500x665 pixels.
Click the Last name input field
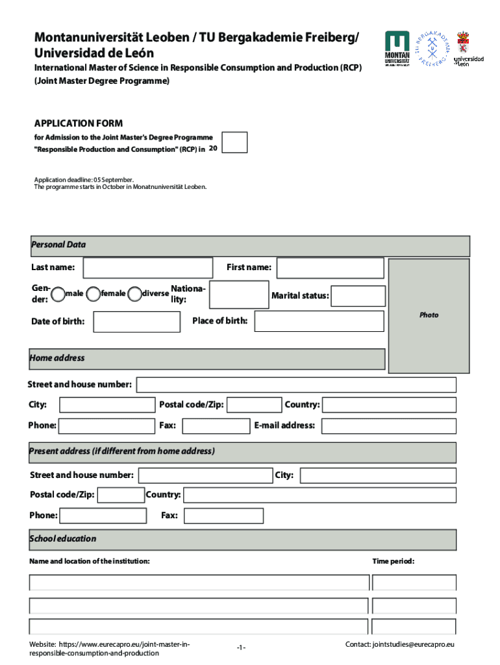coord(148,268)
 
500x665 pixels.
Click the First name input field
coord(331,268)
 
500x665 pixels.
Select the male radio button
coord(58,294)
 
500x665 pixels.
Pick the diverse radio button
coord(134,294)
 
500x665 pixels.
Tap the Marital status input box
coord(358,295)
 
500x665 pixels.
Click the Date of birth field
coord(136,321)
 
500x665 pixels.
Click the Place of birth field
coord(319,321)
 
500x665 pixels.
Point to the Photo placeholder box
coord(429,315)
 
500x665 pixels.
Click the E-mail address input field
coord(388,426)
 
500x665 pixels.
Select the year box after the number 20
coord(234,142)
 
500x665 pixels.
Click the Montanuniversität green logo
coord(397,49)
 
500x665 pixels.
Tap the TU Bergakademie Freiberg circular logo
coord(430,47)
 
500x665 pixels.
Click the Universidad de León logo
coord(468,49)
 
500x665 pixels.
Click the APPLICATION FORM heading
coord(79,123)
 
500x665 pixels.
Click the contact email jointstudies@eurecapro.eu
coord(399,644)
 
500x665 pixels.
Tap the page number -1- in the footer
coord(241,648)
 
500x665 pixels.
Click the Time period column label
coord(394,561)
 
